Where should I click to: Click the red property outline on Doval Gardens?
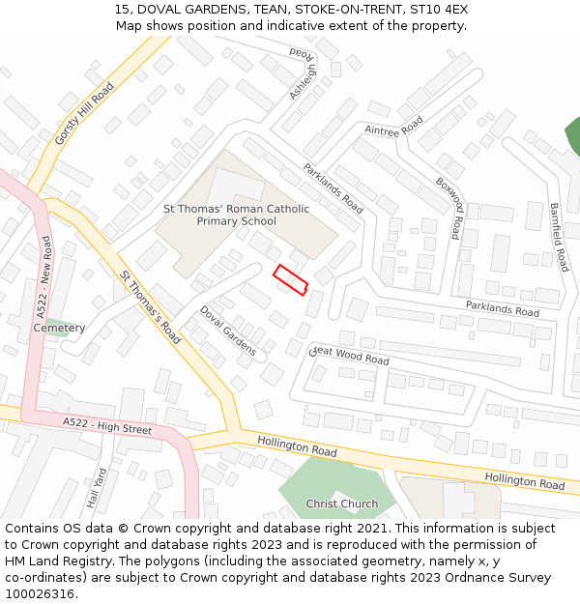pos(290,279)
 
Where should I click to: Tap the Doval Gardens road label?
pos(228,331)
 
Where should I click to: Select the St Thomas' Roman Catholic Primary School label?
pos(236,215)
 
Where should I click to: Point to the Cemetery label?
pos(59,328)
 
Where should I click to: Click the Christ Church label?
pos(342,503)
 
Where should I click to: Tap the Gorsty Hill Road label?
pos(84,113)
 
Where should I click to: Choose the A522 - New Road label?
pos(44,277)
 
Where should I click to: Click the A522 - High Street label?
pos(107,425)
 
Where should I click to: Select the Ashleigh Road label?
pos(303,73)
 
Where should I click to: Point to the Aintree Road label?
pos(394,127)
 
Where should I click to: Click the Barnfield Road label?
pos(559,237)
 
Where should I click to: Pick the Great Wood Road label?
pos(349,356)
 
